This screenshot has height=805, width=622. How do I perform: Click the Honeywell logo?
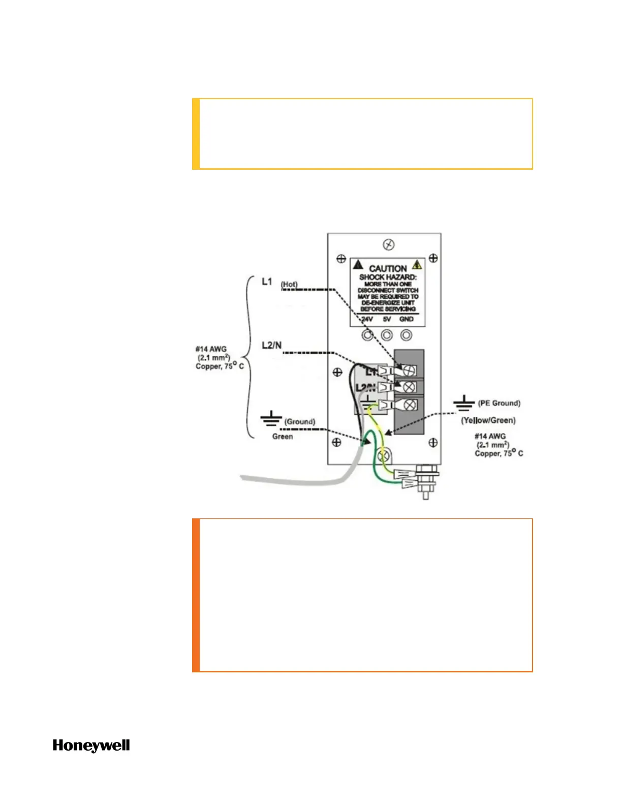click(91, 746)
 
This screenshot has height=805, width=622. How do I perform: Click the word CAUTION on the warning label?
click(388, 268)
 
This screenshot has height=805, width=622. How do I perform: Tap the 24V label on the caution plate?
click(367, 319)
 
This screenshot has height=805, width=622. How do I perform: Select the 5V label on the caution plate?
click(387, 319)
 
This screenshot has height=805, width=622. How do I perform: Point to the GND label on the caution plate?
click(407, 319)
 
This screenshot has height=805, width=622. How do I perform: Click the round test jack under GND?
click(406, 335)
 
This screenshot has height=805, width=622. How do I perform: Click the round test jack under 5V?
click(387, 335)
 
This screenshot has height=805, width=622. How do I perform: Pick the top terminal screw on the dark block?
click(409, 370)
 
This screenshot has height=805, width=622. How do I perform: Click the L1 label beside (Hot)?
click(267, 281)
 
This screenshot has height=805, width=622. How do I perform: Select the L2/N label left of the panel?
click(271, 346)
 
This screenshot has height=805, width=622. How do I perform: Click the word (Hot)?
click(289, 285)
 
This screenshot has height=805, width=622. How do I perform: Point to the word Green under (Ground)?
click(283, 437)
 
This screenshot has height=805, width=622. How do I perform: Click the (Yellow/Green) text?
click(488, 420)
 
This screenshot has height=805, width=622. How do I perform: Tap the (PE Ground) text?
click(499, 403)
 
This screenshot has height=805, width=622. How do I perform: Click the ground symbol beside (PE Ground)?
click(463, 404)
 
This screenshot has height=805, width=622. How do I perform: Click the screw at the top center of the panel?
click(388, 245)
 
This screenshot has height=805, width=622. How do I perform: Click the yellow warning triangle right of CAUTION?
click(417, 265)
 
